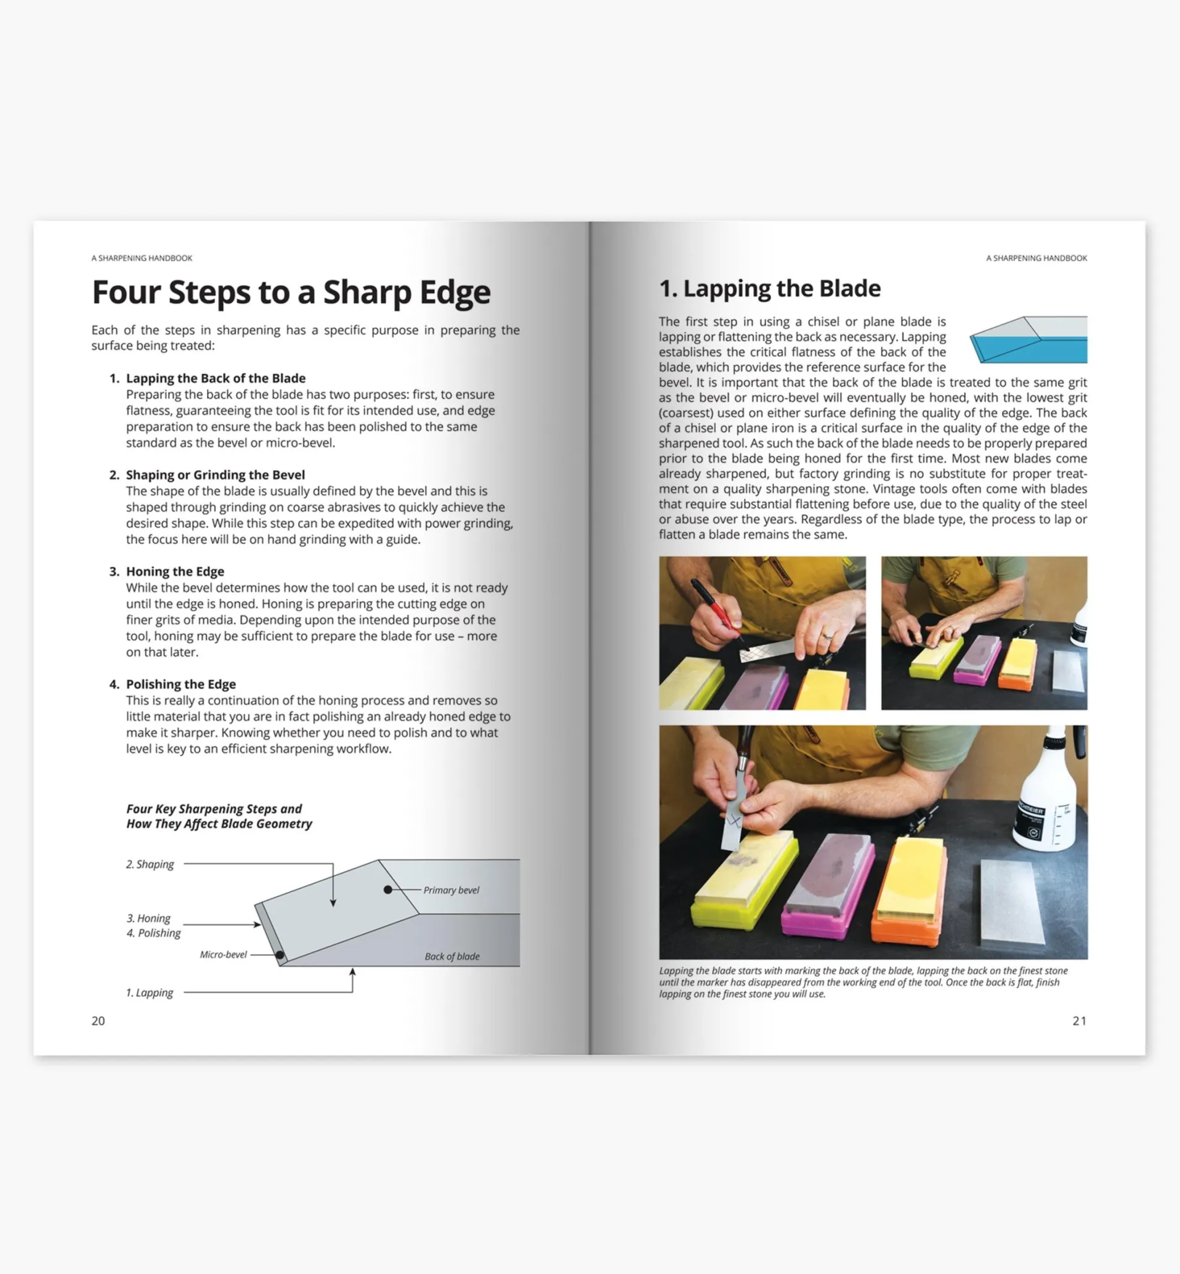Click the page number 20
(x=98, y=1020)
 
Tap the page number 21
(x=1079, y=1020)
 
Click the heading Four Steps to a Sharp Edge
(x=291, y=293)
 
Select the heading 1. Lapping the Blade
(x=769, y=289)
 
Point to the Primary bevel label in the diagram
(x=451, y=890)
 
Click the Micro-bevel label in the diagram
(x=223, y=955)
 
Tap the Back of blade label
(x=452, y=957)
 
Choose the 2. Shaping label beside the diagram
(x=150, y=864)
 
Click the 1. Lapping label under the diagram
(x=150, y=992)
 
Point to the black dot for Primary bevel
(x=387, y=890)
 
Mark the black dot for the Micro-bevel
(x=280, y=955)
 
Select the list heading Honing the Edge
(x=175, y=572)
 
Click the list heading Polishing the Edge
(x=180, y=684)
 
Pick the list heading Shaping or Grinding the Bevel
(x=215, y=474)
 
